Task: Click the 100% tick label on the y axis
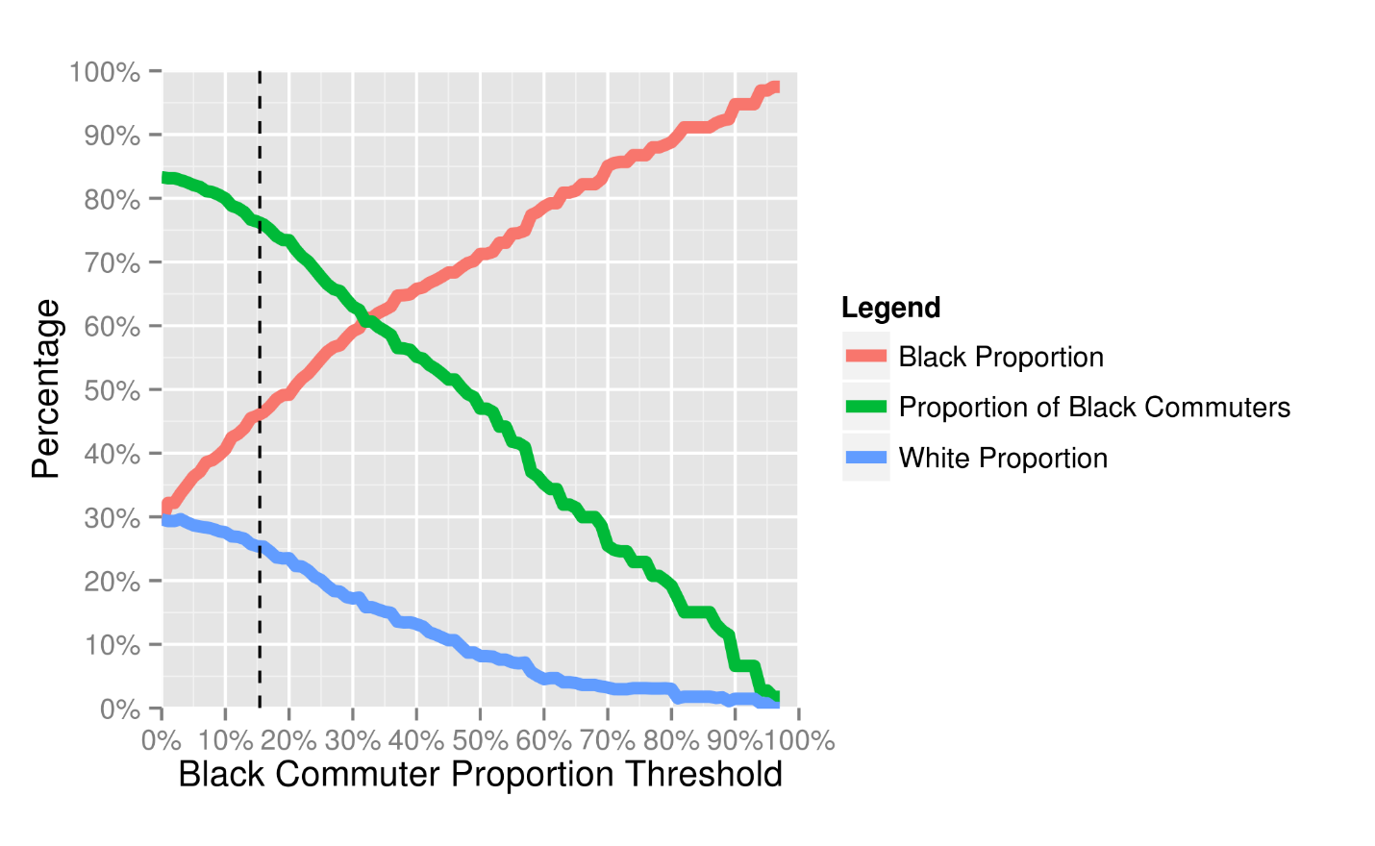coord(105,72)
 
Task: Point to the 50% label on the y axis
coord(112,390)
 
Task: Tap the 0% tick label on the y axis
coord(119,709)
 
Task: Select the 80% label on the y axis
coord(112,200)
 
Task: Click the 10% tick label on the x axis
coord(225,741)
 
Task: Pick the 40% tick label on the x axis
coord(416,741)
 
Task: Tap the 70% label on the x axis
coord(608,741)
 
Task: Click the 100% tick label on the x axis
coord(800,741)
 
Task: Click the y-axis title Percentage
coord(46,389)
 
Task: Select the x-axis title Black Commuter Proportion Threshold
coord(480,775)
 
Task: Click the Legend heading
coord(890,308)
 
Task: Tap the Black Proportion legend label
coord(1000,358)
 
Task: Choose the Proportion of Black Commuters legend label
coord(1094,408)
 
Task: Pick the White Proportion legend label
coord(1003,459)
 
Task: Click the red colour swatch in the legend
coord(865,357)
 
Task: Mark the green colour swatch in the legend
coord(865,408)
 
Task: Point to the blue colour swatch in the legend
coord(865,459)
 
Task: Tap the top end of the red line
coord(775,87)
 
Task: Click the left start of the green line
coord(165,178)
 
